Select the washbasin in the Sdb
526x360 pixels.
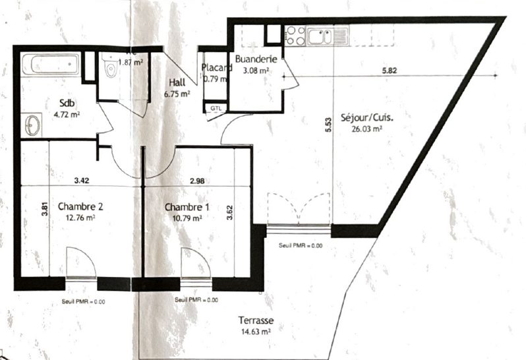31,123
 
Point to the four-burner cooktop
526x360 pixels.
295,35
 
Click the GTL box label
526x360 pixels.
216,107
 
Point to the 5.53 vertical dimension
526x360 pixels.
327,125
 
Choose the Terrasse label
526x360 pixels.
256,322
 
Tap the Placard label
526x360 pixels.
216,68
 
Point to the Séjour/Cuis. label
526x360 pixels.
367,119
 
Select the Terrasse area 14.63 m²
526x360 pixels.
256,333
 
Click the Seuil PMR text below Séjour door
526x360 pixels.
301,245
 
